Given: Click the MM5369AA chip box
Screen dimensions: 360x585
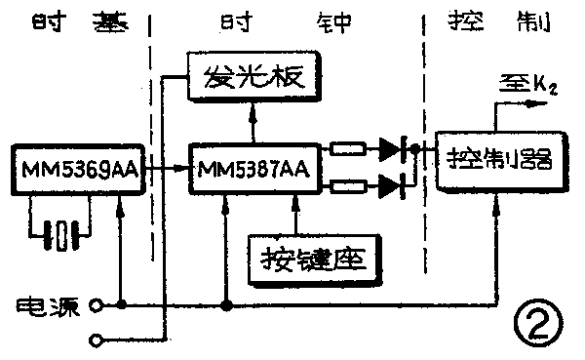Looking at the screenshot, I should tap(77, 171).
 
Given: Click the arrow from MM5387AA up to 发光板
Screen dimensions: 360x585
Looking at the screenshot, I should tap(253, 117).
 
